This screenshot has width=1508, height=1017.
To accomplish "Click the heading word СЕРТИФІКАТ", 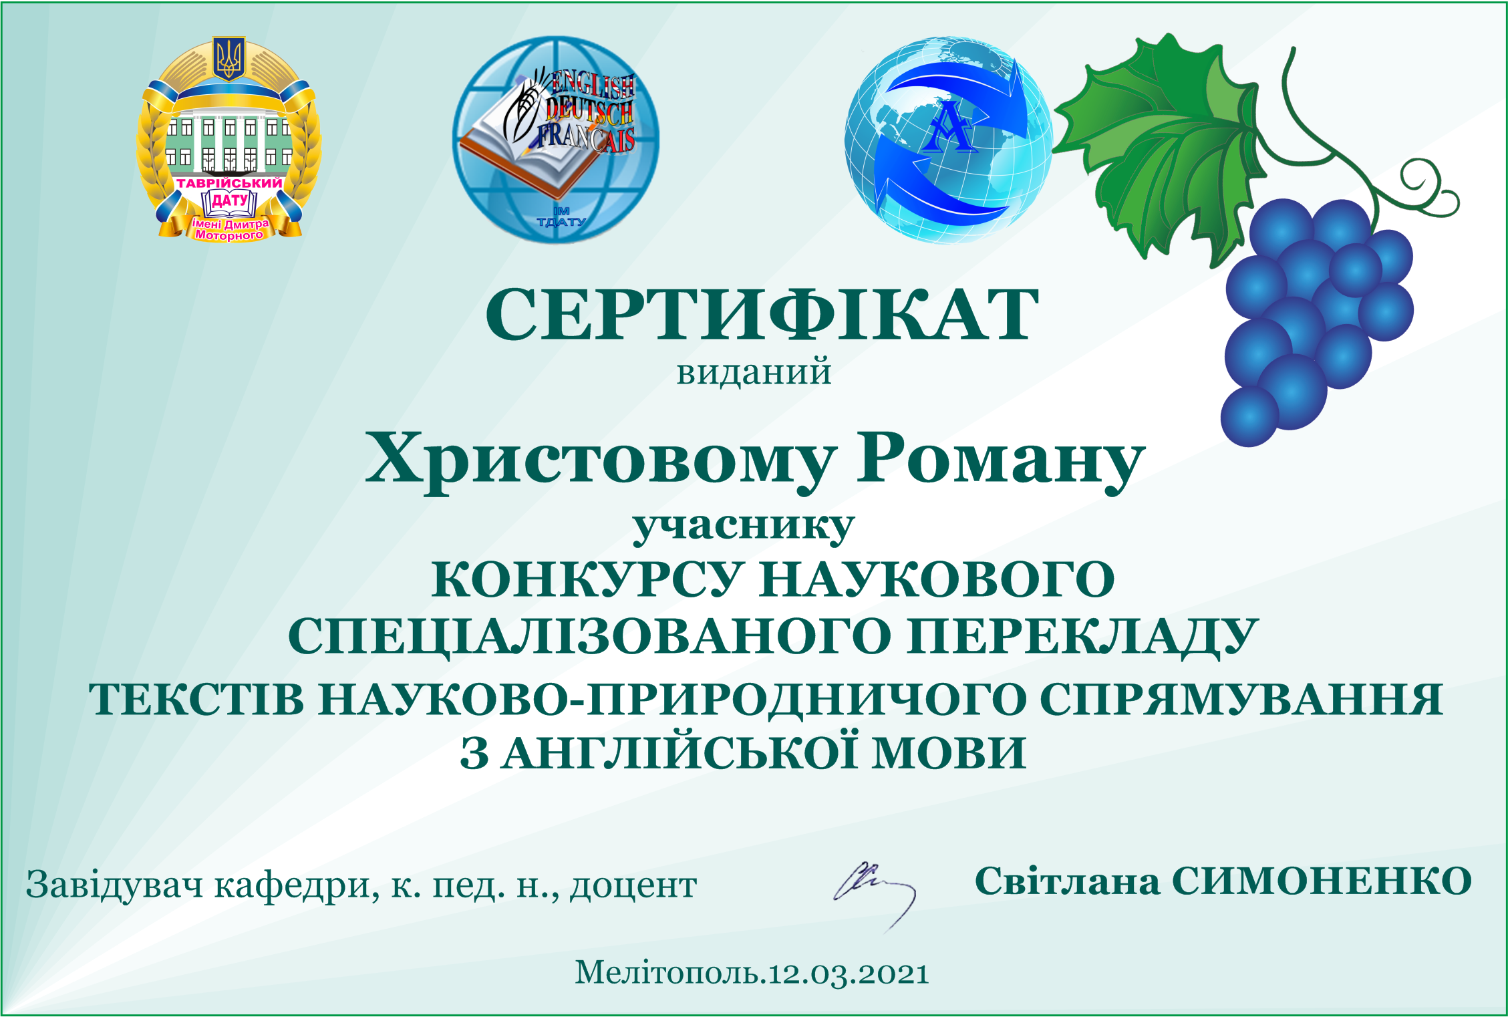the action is click(x=762, y=314).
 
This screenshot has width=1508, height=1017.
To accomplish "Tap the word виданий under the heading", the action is click(x=754, y=372).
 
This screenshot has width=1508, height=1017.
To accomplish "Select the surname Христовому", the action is click(x=600, y=461).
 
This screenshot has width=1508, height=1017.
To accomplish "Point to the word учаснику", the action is click(x=744, y=528).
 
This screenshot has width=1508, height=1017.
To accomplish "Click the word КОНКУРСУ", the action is click(x=586, y=580).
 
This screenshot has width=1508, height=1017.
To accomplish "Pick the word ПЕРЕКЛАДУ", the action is click(x=1082, y=637).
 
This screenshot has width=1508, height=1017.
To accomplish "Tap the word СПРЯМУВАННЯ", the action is click(x=1241, y=700).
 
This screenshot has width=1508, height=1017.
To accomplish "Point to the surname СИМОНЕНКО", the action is click(x=1322, y=881).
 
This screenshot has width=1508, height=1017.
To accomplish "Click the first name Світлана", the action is click(x=1067, y=881).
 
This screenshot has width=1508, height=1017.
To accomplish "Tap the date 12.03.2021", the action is click(x=849, y=974).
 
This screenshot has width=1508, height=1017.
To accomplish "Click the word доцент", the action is click(x=633, y=886).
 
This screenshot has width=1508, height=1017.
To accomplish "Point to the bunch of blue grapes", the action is click(x=1316, y=321).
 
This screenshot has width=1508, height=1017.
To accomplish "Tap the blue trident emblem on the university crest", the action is click(x=229, y=58).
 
